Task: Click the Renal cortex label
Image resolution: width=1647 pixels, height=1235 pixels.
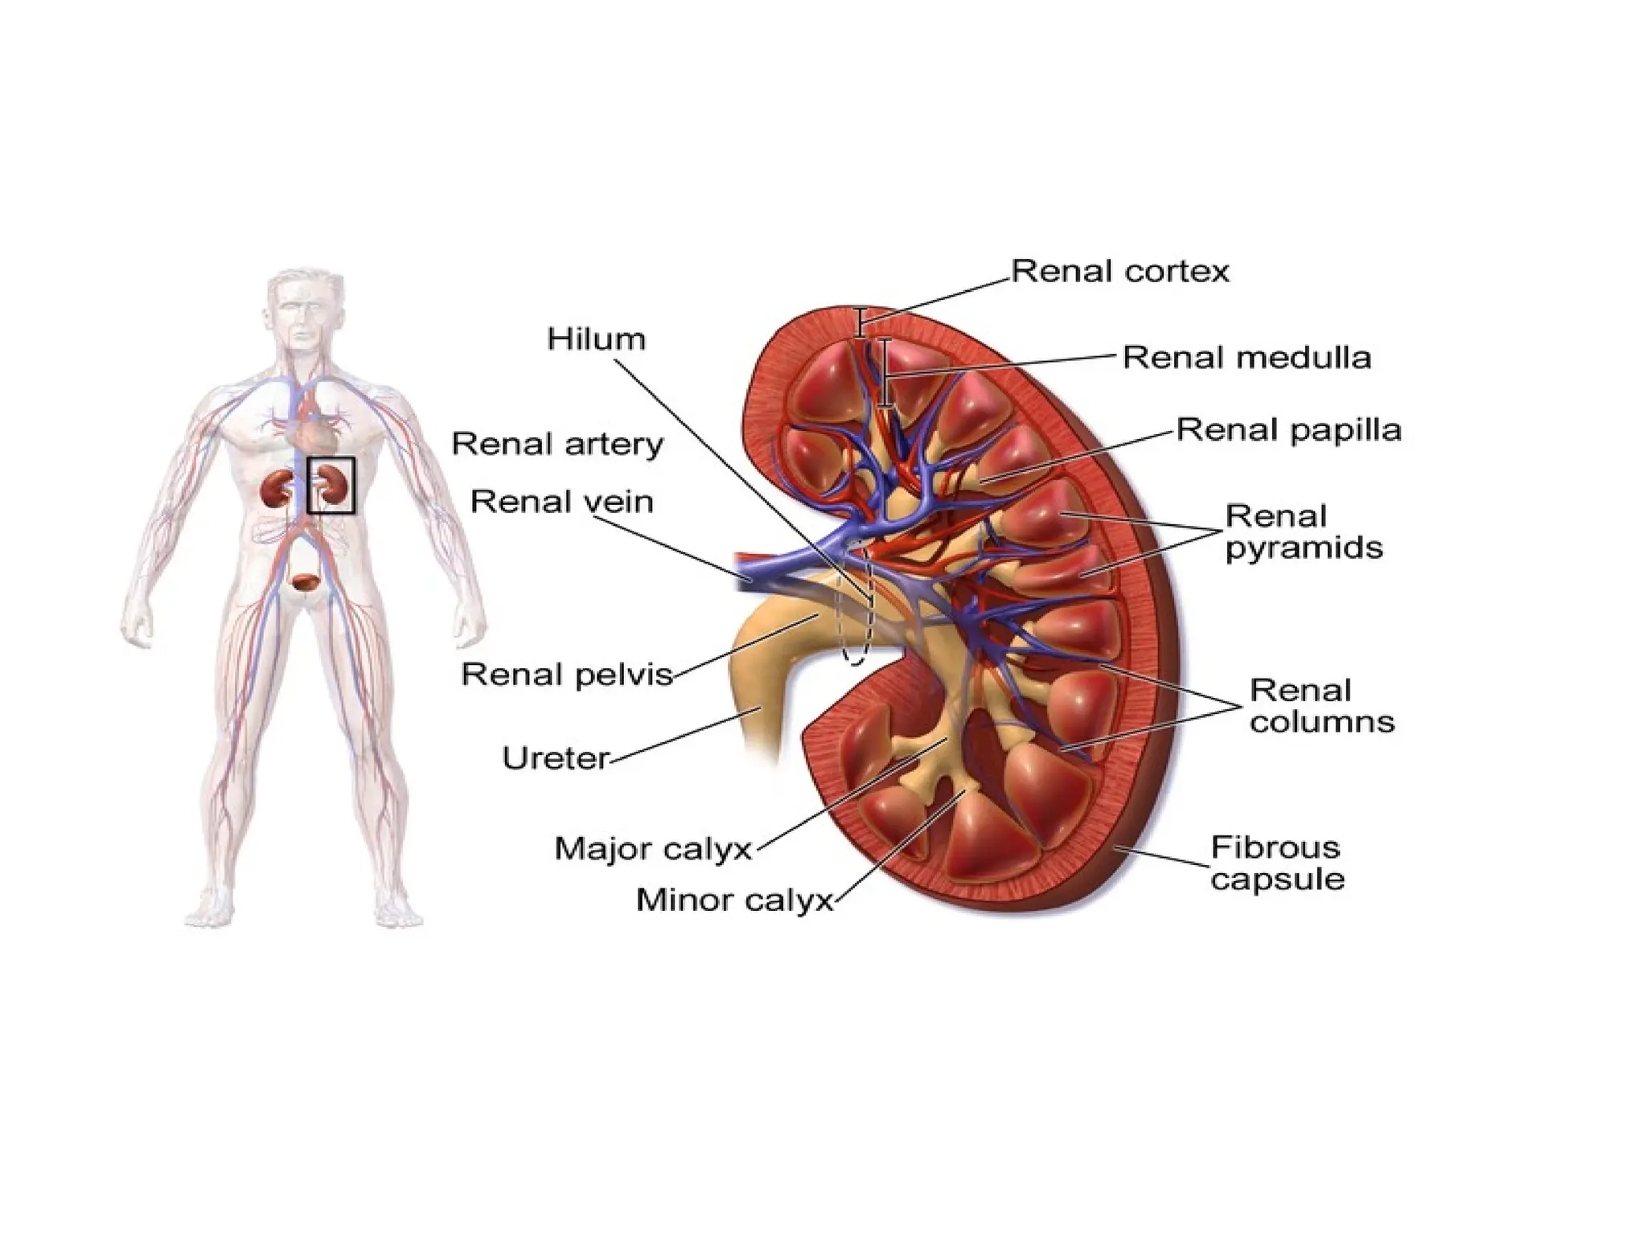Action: [1119, 272]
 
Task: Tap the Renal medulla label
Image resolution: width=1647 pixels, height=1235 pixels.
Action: [1246, 358]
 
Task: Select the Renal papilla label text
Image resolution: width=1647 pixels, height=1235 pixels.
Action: [1288, 430]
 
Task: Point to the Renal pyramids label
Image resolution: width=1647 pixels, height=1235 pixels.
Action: [1303, 532]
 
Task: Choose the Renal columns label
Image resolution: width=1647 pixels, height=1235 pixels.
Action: [1321, 706]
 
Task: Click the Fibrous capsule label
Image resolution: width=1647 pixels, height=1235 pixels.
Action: [1276, 863]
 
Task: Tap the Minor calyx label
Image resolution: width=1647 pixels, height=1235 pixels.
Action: [733, 900]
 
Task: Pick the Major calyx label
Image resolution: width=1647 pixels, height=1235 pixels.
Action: [652, 848]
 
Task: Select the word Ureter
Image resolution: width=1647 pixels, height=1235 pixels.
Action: [555, 758]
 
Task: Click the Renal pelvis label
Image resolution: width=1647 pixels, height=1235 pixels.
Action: [566, 674]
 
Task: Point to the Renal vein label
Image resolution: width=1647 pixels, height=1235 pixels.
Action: [561, 502]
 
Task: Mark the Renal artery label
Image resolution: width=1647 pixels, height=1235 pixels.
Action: [557, 444]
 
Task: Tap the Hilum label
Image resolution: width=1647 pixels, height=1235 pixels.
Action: [596, 339]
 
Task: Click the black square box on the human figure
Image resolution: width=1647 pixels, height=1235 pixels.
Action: [331, 485]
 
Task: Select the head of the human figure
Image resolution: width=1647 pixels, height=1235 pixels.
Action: [299, 310]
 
